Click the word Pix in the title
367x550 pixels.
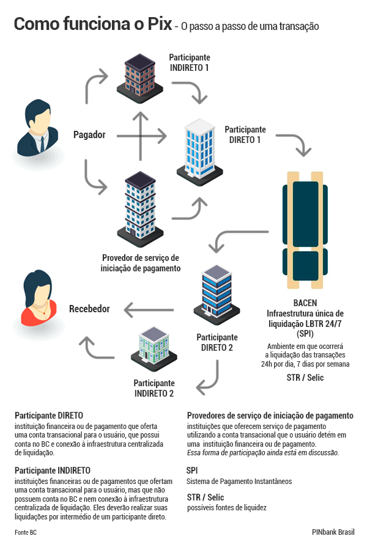click(x=160, y=24)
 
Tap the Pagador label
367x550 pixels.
click(x=89, y=134)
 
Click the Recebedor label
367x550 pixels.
click(x=89, y=309)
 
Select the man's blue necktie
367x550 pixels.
click(x=42, y=144)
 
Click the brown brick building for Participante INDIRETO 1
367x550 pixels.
click(x=140, y=78)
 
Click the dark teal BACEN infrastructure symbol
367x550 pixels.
click(x=305, y=230)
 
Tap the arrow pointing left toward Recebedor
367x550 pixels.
click(x=149, y=310)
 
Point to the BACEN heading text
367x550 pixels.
click(x=305, y=302)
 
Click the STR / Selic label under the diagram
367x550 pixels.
click(x=305, y=378)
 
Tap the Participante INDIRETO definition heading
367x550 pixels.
click(x=53, y=471)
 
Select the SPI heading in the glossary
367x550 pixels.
click(x=192, y=471)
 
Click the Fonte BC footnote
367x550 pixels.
click(x=26, y=532)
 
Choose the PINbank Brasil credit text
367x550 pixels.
click(x=333, y=532)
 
